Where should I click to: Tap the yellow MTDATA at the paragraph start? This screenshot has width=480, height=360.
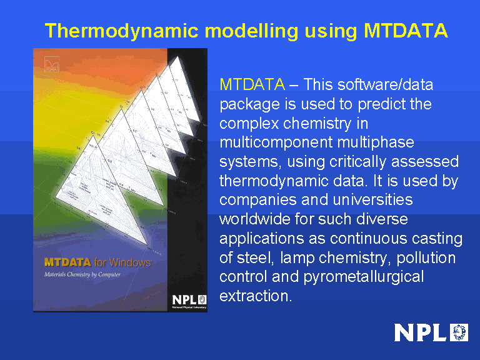(252, 84)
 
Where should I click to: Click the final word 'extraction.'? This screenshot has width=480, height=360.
(256, 296)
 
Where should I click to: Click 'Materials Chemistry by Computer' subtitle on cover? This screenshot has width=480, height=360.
(82, 274)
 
